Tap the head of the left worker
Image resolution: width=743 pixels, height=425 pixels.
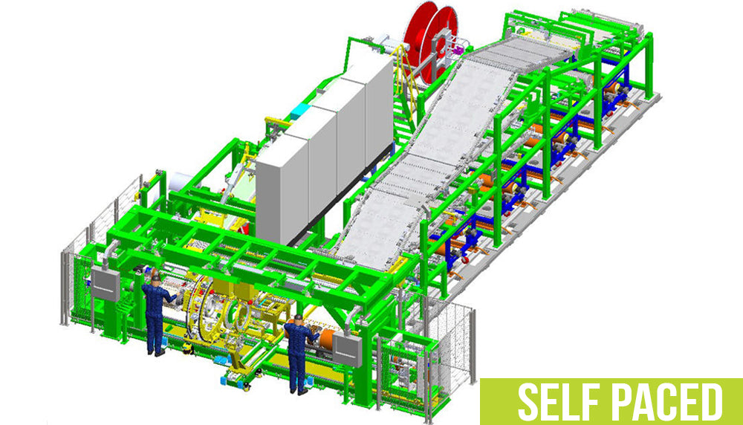(x=155, y=279)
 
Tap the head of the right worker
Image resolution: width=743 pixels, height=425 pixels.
(x=296, y=320)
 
